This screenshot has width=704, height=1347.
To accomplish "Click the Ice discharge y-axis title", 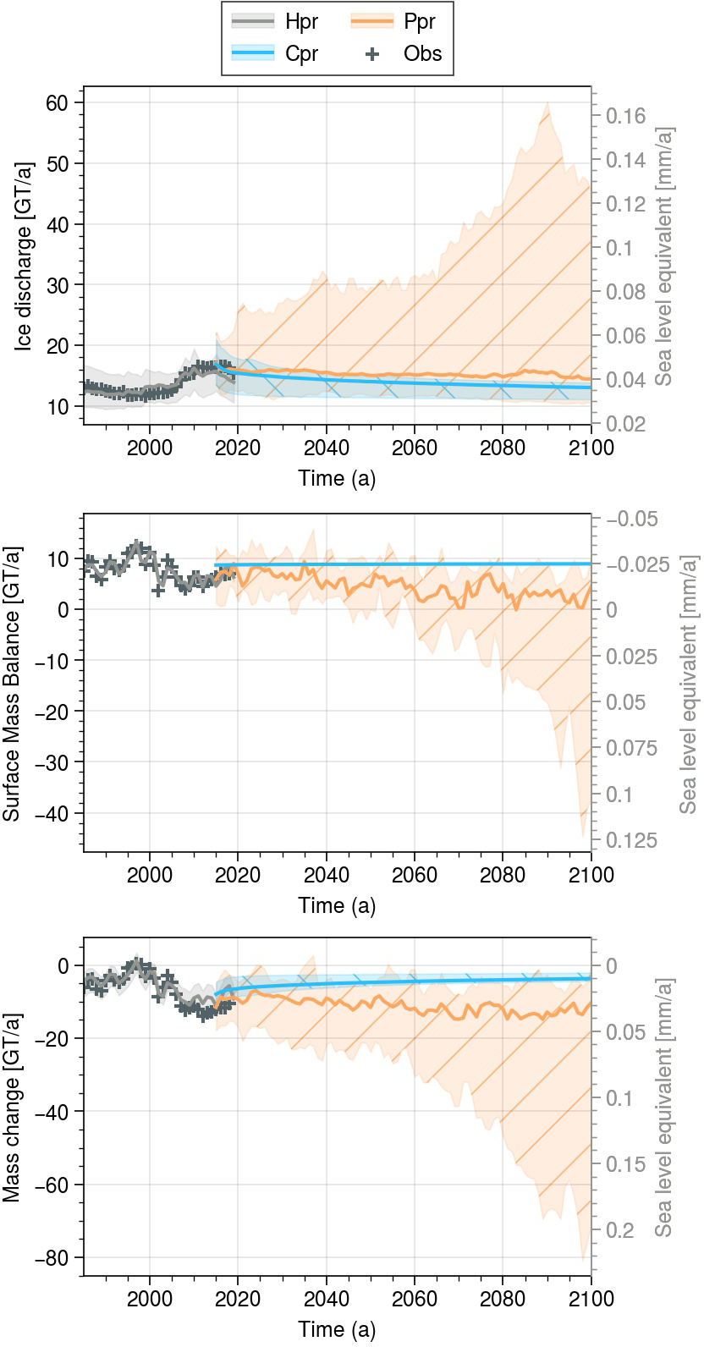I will pos(25,255).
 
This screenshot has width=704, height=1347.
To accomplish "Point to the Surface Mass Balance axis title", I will pos(11,683).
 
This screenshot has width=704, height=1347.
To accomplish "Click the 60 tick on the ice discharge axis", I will pos(57,102).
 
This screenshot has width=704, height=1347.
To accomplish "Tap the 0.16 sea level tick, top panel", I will pos(625,116).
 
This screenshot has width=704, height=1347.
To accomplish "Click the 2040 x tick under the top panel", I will pos(327,448).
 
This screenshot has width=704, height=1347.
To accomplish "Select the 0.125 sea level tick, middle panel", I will pos(631,840).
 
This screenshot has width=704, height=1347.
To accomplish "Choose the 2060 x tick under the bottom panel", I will pos(415,1299).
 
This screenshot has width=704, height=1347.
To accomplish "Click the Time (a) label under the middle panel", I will pos(337,905).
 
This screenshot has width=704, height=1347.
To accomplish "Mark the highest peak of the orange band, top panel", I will pos(547,102).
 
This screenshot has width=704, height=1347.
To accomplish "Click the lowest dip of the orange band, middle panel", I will pos(583,836).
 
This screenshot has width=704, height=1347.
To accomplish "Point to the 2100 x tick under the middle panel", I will pos(591,875).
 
